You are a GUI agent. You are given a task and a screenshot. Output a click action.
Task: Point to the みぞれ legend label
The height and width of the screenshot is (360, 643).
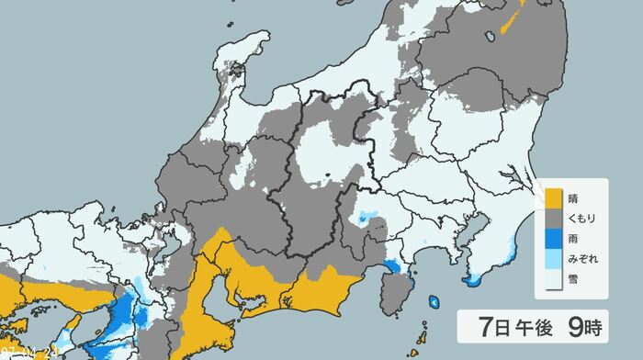(x=581, y=259)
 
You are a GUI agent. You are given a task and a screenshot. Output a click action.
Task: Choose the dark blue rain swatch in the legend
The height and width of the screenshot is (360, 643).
(x=554, y=239)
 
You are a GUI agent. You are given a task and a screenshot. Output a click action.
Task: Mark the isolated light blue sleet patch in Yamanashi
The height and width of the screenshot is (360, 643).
(x=367, y=218)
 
